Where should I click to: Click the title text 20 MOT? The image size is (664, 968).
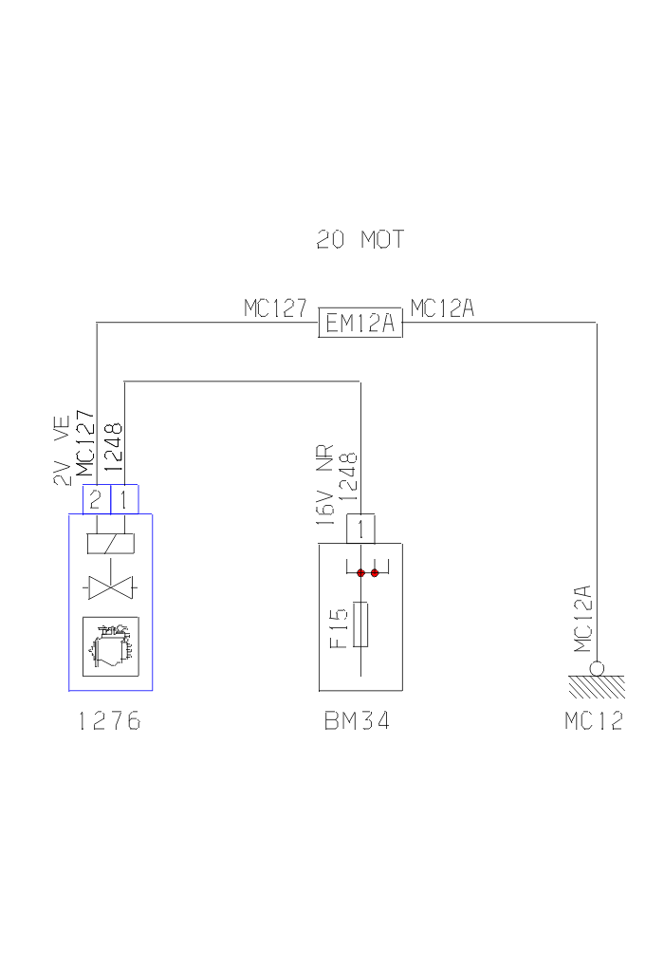click(360, 240)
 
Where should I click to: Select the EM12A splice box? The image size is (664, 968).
click(360, 325)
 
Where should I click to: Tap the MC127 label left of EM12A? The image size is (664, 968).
click(275, 308)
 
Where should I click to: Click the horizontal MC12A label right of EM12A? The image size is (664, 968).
click(442, 308)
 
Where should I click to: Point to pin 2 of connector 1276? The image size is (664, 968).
click(95, 499)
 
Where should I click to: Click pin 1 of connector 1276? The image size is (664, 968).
click(124, 499)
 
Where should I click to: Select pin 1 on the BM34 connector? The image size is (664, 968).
click(360, 529)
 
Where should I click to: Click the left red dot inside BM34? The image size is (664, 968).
click(360, 573)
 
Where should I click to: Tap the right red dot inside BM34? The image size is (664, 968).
click(376, 573)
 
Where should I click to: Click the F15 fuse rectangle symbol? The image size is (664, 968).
click(360, 624)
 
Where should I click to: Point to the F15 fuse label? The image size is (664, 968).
click(340, 627)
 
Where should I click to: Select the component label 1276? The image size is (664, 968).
click(109, 722)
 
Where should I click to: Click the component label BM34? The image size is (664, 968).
click(357, 722)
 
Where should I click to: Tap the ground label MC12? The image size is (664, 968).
click(594, 722)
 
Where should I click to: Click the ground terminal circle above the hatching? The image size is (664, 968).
click(597, 668)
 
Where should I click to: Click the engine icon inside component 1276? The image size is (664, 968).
click(110, 645)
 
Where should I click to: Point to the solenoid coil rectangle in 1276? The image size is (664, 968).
click(109, 544)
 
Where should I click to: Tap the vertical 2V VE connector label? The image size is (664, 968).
click(62, 454)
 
